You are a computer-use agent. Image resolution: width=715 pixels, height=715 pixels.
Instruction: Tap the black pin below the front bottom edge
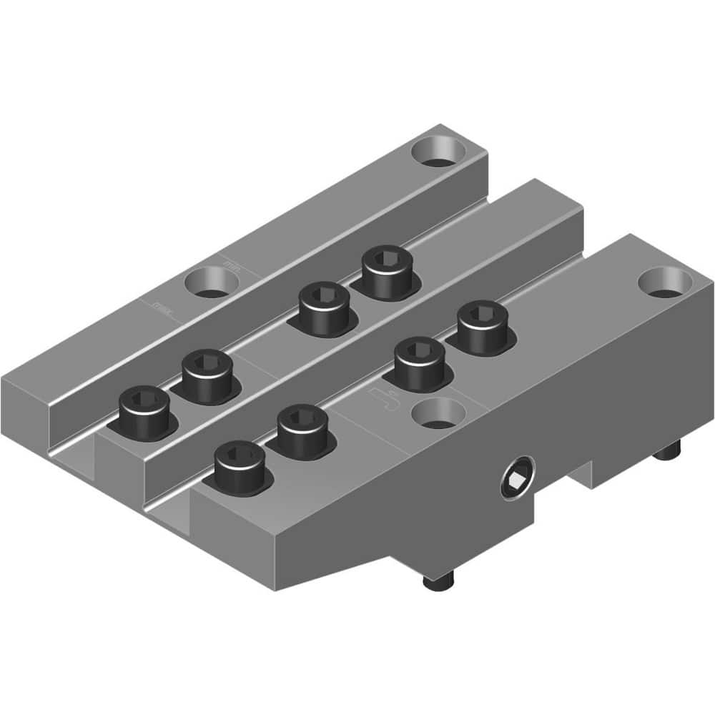(433, 583)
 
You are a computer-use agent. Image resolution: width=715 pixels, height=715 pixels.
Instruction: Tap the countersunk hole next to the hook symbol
(437, 414)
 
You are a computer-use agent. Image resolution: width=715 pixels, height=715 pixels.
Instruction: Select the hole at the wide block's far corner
(664, 282)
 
